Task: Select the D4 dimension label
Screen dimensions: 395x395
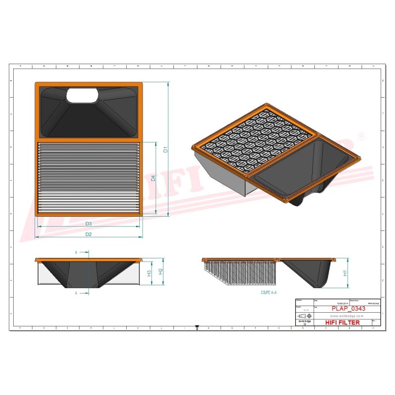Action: point(154,178)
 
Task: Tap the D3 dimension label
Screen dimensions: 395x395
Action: point(88,224)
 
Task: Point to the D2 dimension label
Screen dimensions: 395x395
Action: point(88,234)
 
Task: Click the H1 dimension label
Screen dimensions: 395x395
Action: point(345,273)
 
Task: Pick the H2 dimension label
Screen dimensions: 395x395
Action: point(160,271)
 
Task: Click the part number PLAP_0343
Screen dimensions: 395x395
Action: point(348,308)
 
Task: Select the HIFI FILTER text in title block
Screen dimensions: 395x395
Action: point(343,323)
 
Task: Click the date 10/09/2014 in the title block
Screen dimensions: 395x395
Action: point(325,302)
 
